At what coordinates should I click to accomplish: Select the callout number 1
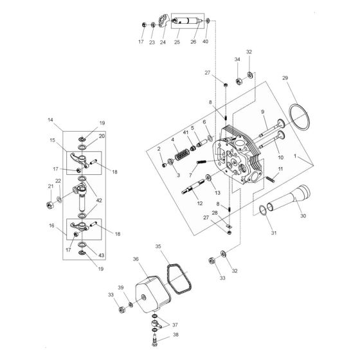pyautogui.click(x=313, y=156)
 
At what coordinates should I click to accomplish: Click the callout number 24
pyautogui.click(x=163, y=43)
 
